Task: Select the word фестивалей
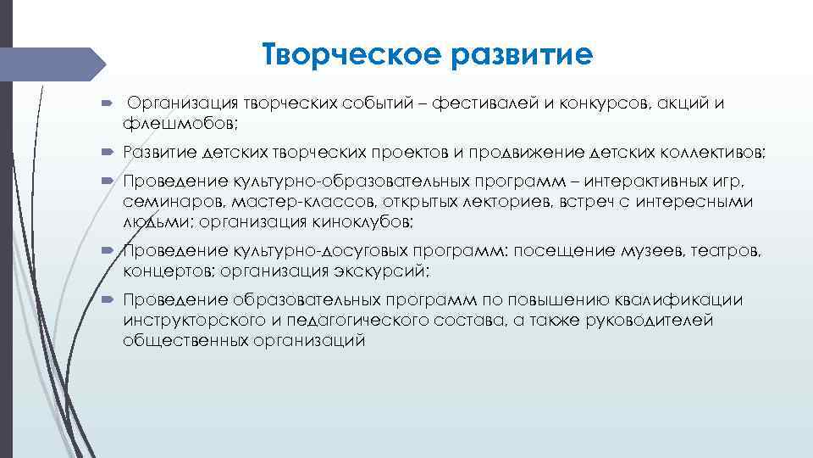tap(477, 103)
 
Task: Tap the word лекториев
tap(499, 202)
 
